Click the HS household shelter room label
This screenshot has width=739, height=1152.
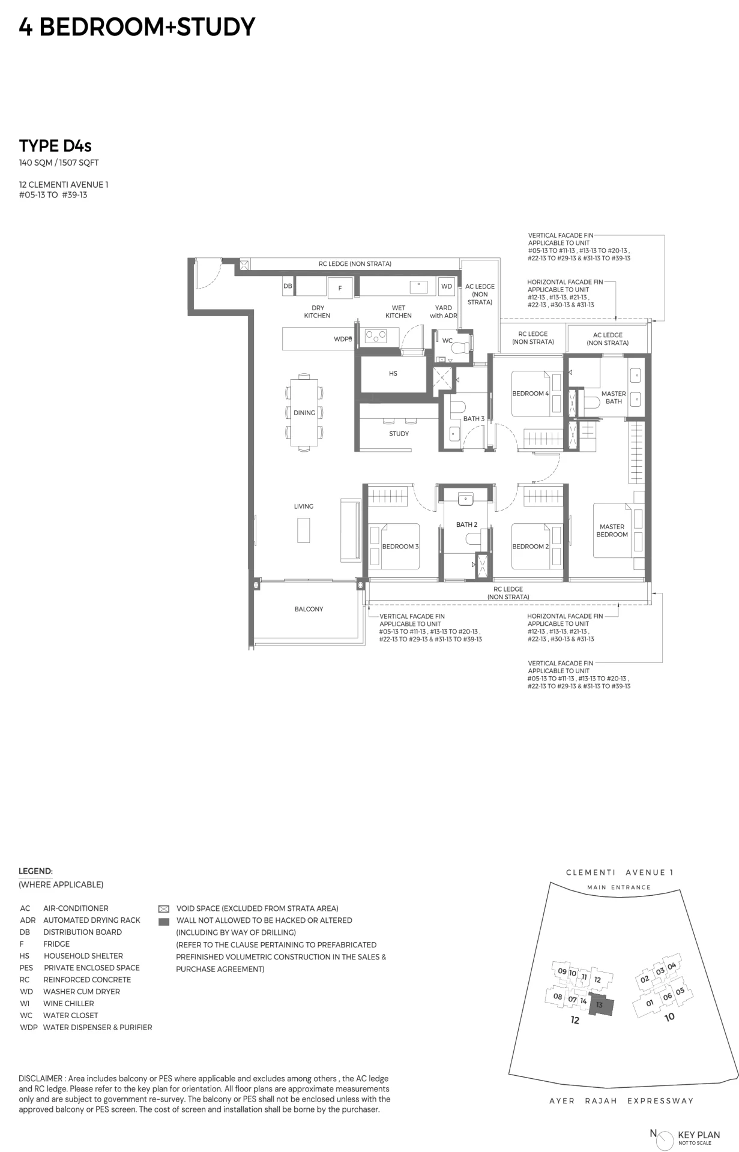point(393,373)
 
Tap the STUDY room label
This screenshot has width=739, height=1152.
point(399,433)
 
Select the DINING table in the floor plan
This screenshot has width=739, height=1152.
point(304,412)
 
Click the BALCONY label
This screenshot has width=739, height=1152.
point(309,609)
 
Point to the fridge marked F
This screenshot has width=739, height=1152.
point(340,288)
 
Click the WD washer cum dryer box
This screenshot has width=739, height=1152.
point(447,286)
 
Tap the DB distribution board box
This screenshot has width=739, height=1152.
point(288,286)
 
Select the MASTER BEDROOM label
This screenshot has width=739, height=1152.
point(612,530)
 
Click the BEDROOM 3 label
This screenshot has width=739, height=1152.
point(400,547)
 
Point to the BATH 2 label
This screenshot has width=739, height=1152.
point(466,524)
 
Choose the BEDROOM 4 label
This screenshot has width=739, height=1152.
point(530,394)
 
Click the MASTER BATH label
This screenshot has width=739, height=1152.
point(614,397)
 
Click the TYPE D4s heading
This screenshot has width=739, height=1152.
point(55,146)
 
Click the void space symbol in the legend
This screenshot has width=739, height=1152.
point(163,909)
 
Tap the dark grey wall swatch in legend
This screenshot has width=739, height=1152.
point(163,922)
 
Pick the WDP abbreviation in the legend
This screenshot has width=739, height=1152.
point(28,1027)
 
